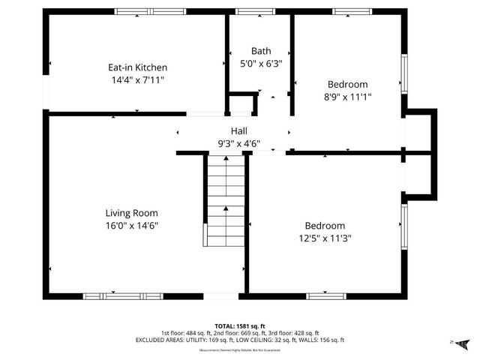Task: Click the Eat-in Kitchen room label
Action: click(137, 67)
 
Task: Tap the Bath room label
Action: click(261, 51)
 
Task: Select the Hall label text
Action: click(239, 130)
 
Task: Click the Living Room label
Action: click(131, 213)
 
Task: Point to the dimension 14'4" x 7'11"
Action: click(137, 79)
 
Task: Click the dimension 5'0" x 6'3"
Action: click(261, 63)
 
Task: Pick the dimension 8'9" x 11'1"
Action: click(347, 96)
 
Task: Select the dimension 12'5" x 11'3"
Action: click(325, 238)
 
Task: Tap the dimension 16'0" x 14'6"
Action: click(131, 225)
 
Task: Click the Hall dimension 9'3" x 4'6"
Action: click(239, 142)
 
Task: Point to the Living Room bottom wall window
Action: click(123, 296)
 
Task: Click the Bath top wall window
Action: click(250, 11)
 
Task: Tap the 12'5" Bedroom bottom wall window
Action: click(326, 296)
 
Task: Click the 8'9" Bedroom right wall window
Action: click(404, 73)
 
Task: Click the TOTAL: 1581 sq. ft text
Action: click(240, 326)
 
